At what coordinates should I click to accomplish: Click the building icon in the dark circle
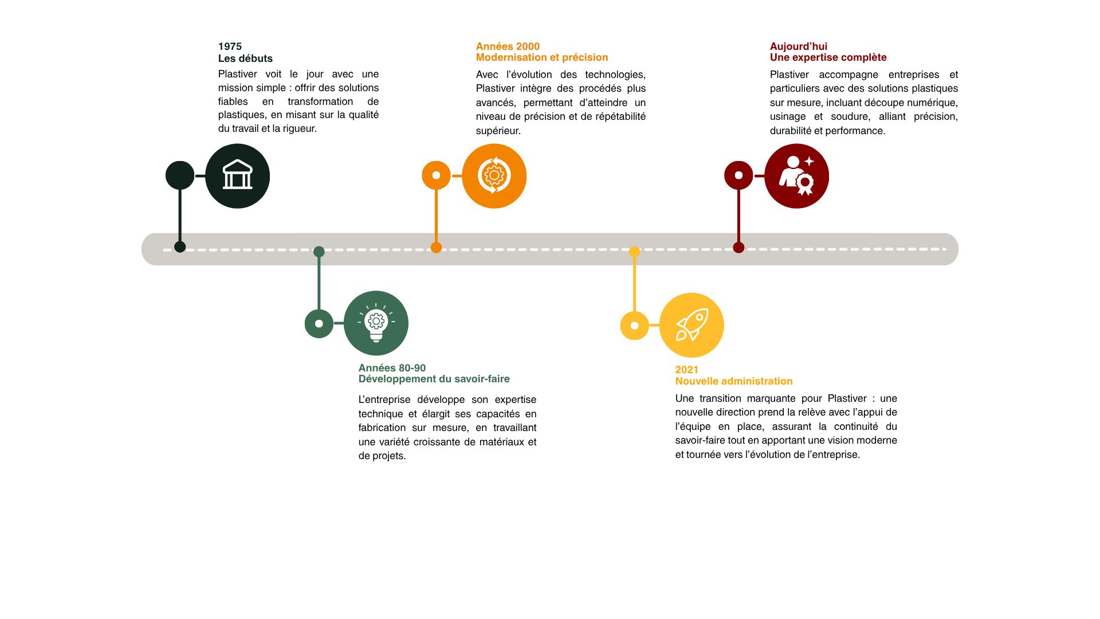point(237,175)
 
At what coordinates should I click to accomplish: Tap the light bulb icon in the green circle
point(376,323)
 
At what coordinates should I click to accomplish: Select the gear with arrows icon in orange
point(494,175)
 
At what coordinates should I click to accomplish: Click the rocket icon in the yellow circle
point(692,325)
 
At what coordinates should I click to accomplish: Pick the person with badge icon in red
point(796,175)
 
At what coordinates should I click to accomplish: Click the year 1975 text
point(230,46)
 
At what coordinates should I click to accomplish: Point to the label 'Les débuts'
point(245,58)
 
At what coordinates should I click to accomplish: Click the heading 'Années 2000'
point(508,46)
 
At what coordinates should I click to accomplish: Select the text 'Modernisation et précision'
point(541,57)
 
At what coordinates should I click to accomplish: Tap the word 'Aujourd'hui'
point(798,46)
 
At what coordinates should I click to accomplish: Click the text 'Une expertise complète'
point(828,57)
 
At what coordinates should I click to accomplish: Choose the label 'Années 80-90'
point(392,368)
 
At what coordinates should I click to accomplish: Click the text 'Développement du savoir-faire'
point(434,379)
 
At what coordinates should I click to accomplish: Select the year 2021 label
point(686,370)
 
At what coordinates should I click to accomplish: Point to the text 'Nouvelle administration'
point(733,381)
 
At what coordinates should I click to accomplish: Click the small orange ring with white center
point(436,175)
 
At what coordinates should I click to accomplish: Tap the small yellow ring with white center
point(634,326)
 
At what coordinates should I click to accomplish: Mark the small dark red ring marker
point(738,175)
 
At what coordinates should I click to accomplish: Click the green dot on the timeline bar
point(319,252)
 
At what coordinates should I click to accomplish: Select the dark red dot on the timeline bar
point(738,248)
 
